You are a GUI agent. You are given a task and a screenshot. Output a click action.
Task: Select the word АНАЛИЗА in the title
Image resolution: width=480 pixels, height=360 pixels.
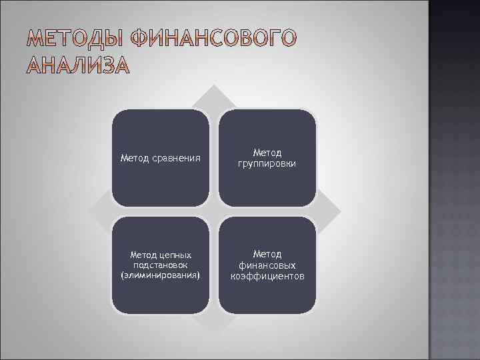(x=79, y=67)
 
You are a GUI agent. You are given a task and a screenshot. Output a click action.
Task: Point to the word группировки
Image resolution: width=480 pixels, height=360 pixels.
(x=267, y=163)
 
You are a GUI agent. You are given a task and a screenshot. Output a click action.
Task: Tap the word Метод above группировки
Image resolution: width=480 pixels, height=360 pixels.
(x=267, y=153)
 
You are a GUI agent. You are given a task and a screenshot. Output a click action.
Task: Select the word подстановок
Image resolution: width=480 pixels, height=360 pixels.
(x=160, y=265)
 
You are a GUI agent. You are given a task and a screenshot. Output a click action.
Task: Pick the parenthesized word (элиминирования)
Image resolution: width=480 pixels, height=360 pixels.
(x=160, y=275)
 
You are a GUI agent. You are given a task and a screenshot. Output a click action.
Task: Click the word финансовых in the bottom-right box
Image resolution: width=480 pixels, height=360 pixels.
(x=267, y=265)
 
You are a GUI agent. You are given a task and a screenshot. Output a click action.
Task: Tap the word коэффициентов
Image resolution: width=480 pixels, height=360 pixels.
(x=267, y=275)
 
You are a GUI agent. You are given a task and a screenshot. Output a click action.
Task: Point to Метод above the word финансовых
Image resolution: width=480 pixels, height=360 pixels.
(x=267, y=254)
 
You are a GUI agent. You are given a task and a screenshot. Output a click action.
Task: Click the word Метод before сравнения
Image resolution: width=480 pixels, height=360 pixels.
(x=135, y=158)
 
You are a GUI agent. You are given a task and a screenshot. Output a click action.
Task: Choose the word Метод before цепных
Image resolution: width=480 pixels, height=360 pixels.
(x=145, y=255)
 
